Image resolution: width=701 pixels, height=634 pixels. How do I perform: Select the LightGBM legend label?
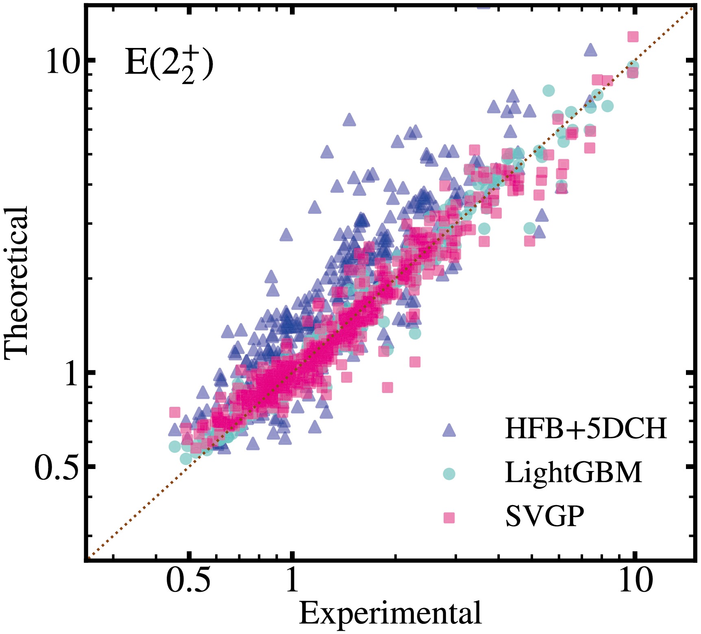pos(573,472)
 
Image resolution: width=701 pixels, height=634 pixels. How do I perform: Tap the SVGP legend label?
pos(545,516)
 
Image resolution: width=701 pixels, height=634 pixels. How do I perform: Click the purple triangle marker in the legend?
pos(449,430)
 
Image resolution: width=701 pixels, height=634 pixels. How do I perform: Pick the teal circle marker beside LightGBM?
pos(449,473)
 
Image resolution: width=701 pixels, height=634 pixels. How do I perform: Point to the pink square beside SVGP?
pos(449,517)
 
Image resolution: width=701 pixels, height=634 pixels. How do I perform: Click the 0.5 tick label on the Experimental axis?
pos(188,580)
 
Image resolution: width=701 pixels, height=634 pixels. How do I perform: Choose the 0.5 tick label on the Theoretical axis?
pos(56,467)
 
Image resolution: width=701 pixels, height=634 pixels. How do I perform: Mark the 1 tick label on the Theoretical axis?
pos(71,373)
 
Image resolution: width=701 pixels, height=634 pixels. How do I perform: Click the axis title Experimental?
pos(390,613)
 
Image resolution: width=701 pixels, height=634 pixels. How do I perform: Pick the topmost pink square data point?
pos(633,37)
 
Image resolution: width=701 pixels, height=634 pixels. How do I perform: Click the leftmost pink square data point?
pos(174,413)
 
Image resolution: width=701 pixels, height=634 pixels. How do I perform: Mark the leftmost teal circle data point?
pos(174,447)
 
